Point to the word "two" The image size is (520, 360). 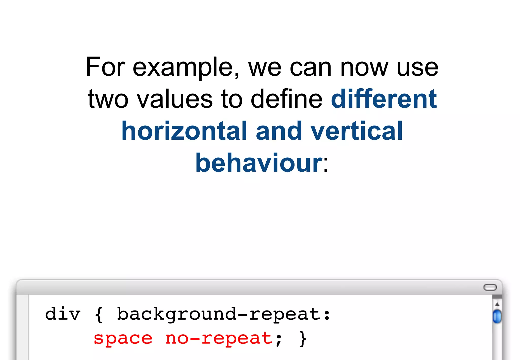click(x=108, y=99)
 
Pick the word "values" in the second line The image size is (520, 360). click(x=175, y=99)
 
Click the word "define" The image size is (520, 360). click(x=286, y=99)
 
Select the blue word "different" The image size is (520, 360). click(x=384, y=99)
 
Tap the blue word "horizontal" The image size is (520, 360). click(x=184, y=131)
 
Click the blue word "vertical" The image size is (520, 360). click(x=356, y=131)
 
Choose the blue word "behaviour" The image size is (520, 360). click(x=258, y=163)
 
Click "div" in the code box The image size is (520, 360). click(x=63, y=314)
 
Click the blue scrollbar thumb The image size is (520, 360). click(x=497, y=316)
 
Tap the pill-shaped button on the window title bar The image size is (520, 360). click(x=490, y=287)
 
